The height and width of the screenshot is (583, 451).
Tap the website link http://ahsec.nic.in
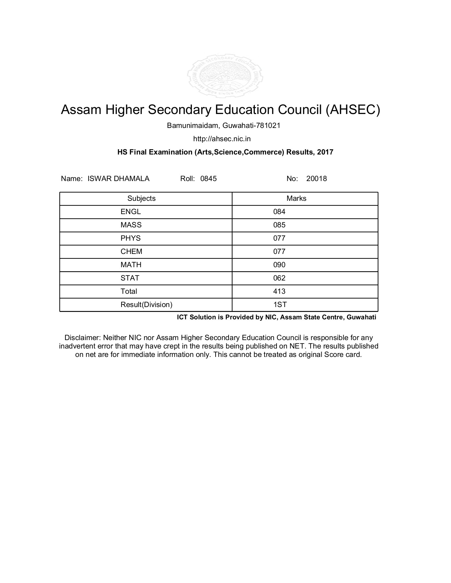click(x=222, y=139)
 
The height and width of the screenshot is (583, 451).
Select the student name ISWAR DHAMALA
click(x=118, y=178)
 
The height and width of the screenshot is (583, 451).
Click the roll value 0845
click(x=208, y=178)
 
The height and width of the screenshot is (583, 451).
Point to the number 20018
click(x=316, y=178)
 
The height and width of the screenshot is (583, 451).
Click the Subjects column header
click(x=141, y=199)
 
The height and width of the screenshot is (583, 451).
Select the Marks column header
click(x=296, y=199)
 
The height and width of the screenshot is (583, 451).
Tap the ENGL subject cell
click(x=131, y=212)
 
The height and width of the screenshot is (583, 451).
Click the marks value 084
click(x=279, y=212)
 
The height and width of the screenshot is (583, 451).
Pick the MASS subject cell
click(x=131, y=225)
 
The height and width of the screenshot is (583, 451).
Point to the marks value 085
click(x=279, y=225)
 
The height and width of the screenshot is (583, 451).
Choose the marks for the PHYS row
click(x=279, y=238)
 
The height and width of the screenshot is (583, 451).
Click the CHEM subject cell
click(x=131, y=252)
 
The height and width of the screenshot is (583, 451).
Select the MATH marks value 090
click(x=279, y=265)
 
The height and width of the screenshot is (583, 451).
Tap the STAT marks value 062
click(x=279, y=278)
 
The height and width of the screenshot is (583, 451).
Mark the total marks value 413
click(x=279, y=291)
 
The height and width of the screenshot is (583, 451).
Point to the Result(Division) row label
click(x=146, y=305)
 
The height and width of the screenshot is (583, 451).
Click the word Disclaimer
click(x=82, y=338)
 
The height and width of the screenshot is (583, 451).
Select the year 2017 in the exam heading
click(x=325, y=152)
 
